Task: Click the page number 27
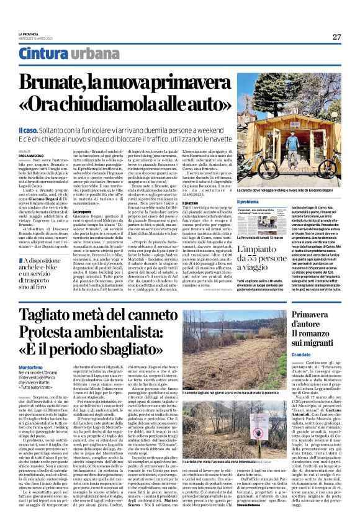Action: [336, 37]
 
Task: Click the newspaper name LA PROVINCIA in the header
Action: [30, 34]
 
